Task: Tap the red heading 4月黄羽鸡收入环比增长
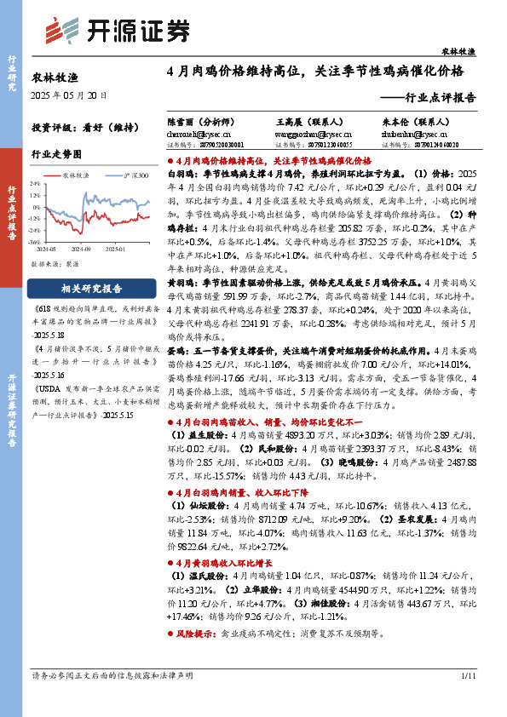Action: [227, 564]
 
